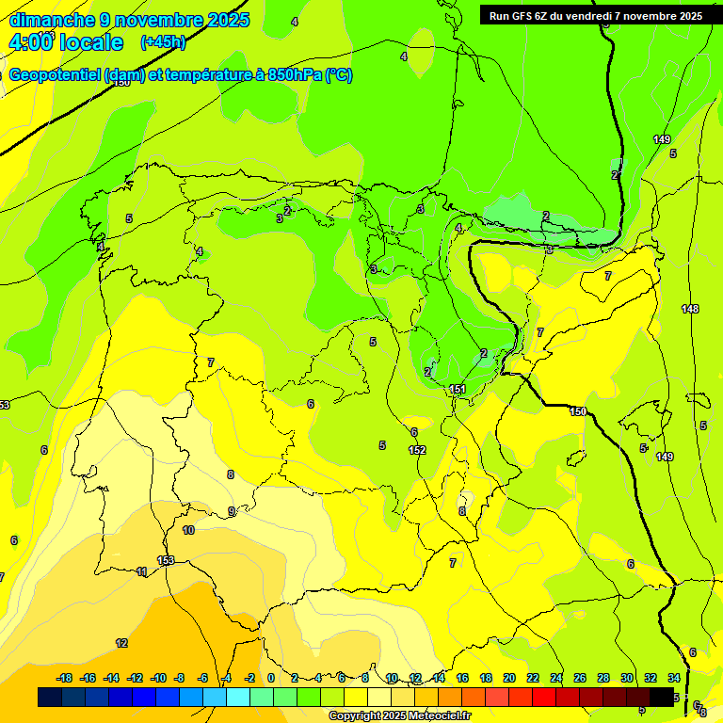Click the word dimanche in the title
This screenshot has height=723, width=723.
click(x=52, y=20)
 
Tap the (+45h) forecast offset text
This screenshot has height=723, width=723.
click(x=163, y=42)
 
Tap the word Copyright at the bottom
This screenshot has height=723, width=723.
click(x=355, y=716)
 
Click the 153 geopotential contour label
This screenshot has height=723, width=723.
click(x=166, y=560)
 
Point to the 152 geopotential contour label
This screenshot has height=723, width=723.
click(x=417, y=450)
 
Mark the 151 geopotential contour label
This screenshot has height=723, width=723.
click(x=458, y=389)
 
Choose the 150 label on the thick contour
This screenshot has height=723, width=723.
click(x=578, y=411)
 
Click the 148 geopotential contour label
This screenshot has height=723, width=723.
click(x=690, y=309)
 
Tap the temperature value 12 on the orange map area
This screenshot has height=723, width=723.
click(x=121, y=643)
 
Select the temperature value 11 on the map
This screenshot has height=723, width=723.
click(x=142, y=571)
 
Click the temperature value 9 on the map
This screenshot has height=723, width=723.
click(x=232, y=511)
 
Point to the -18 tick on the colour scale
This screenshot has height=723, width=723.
click(x=65, y=678)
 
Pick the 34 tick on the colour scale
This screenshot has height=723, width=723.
click(x=674, y=678)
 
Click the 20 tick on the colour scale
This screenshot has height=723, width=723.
click(x=509, y=678)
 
